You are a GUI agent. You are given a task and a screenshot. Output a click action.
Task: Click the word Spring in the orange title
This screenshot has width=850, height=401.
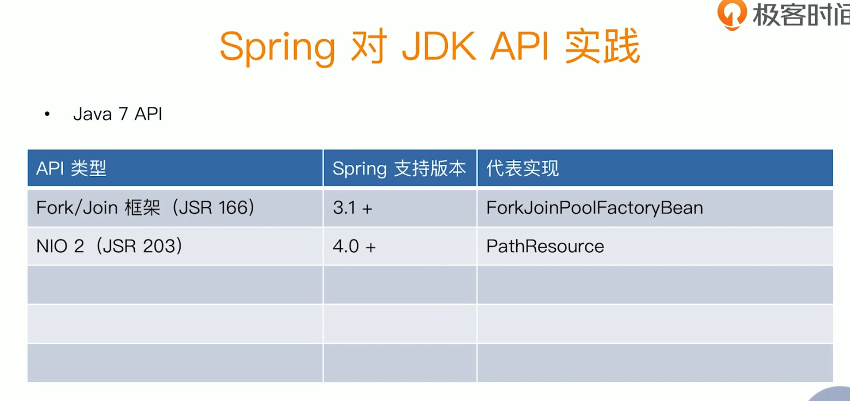tap(277, 48)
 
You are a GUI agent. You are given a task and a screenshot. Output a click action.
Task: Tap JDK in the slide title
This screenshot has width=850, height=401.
tap(439, 46)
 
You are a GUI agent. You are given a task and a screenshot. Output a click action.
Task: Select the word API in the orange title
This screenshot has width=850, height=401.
tap(519, 46)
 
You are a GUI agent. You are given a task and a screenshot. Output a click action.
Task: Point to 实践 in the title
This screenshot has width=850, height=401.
tap(603, 46)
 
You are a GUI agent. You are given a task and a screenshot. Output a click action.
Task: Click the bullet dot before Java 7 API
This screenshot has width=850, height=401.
tap(47, 114)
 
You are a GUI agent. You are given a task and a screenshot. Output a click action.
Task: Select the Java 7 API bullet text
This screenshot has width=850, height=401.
tap(118, 114)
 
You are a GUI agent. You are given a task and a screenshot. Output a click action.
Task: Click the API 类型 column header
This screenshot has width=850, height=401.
tap(71, 168)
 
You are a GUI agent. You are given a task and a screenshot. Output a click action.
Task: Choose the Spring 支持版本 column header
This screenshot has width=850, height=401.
tap(399, 169)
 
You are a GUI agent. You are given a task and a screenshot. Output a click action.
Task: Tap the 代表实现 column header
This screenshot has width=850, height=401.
tap(523, 168)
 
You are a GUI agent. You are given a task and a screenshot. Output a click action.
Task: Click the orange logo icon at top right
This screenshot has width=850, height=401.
tap(732, 14)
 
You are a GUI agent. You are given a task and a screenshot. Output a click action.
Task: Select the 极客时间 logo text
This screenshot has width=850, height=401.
tap(801, 14)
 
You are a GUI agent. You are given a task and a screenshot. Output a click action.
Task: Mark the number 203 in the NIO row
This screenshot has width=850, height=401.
tap(159, 246)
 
